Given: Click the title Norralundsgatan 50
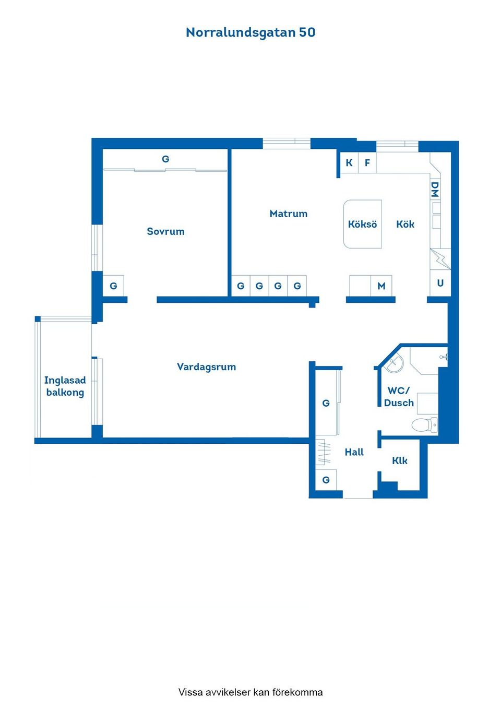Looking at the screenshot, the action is point(250,32).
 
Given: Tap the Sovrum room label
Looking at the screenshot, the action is point(165,231).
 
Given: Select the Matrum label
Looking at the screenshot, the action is point(289,214).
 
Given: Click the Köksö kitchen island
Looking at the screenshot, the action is point(363,224).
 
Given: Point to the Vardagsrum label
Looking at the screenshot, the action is point(206,367).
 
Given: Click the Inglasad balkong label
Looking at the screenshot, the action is point(65,386).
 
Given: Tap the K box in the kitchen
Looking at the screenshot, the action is point(349,163).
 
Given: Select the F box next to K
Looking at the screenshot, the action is point(367,163).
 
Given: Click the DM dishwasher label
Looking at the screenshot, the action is point(435,190).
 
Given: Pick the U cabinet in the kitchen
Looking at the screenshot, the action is point(440,283).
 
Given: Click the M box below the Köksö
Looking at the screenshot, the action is point(381,286).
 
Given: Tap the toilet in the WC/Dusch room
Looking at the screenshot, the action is point(424,424).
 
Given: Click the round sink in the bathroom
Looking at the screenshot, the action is point(394,363).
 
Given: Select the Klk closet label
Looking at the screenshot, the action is point(399,460).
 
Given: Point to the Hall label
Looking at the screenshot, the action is point(354,452).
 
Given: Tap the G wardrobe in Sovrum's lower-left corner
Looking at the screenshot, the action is point(113,286).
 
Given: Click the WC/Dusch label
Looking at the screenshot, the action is point(399,397).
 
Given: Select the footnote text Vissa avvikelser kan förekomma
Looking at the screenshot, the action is point(250,692).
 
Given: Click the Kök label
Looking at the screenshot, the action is point(405,224).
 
